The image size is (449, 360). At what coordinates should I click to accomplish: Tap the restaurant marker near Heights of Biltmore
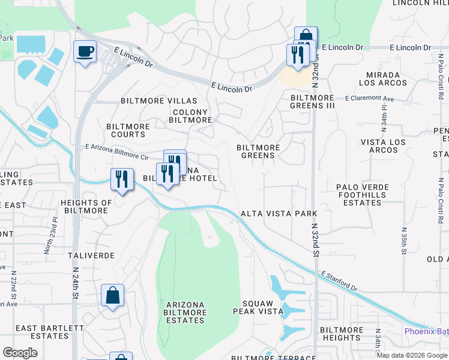point(122,179)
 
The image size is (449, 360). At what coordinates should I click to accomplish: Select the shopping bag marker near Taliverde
point(112,295)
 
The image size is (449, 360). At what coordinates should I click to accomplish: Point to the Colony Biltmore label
point(190,116)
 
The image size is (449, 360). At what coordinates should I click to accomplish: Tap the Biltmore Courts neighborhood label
point(128,130)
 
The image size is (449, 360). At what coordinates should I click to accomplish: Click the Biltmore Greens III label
point(312,101)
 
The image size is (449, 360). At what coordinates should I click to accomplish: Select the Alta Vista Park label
point(278,213)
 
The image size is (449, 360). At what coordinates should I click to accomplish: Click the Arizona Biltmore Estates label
point(185,313)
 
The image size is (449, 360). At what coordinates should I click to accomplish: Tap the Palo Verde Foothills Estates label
point(363,195)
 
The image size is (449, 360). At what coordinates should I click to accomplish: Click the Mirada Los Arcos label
point(383,79)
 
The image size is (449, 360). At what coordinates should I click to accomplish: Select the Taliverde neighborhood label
point(91,255)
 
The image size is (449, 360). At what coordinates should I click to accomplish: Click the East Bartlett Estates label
point(50,332)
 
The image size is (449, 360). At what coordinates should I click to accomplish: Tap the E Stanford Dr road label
point(339,281)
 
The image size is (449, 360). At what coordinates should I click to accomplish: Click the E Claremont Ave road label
point(369,98)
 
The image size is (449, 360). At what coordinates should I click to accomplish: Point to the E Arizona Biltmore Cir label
point(117,151)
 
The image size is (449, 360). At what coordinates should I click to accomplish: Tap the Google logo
point(20,353)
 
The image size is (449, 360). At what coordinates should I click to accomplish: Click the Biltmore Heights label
point(341,334)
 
